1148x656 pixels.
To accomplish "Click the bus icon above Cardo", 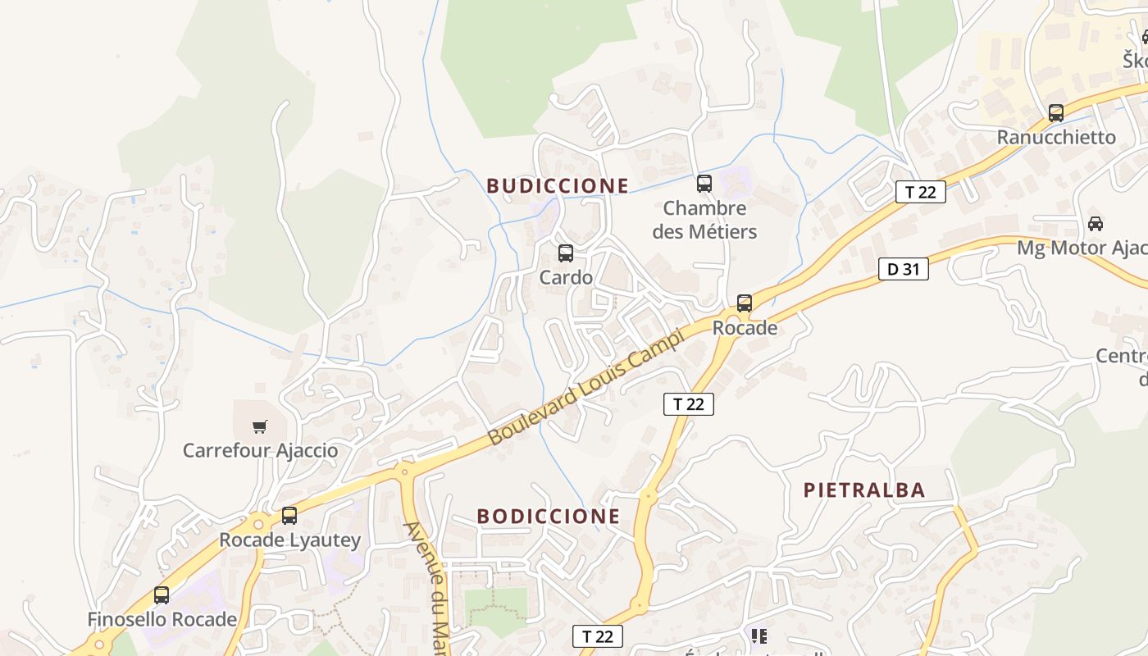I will pos(566,253).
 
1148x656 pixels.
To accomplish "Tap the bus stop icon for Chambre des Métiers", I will pos(704,184).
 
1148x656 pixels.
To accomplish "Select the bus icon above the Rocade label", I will pos(745,303).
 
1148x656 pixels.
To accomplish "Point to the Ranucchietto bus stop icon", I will pos(1056,113).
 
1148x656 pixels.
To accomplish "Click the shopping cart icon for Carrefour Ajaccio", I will pos(260,426).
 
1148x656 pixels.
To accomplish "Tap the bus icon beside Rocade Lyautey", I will pos(289,516).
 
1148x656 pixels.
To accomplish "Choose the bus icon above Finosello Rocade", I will pos(162,595).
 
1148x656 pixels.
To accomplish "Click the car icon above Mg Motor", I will pos(1096,223).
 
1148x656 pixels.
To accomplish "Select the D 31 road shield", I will pos(904,269).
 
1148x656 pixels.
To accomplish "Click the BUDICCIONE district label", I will pos(558,186).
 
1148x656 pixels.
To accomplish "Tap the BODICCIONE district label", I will pos(549,516).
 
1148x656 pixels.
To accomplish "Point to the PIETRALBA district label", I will pos(864,490).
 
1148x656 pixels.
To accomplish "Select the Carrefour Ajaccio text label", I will pos(260,450).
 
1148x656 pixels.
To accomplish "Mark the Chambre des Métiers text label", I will pos(704,220).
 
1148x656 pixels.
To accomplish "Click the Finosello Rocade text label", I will pos(162,619).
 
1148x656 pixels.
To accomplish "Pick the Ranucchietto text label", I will pos(1056,137).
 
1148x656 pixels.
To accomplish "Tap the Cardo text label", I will pos(566,277).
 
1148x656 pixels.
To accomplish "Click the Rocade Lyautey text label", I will pos(289,540).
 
